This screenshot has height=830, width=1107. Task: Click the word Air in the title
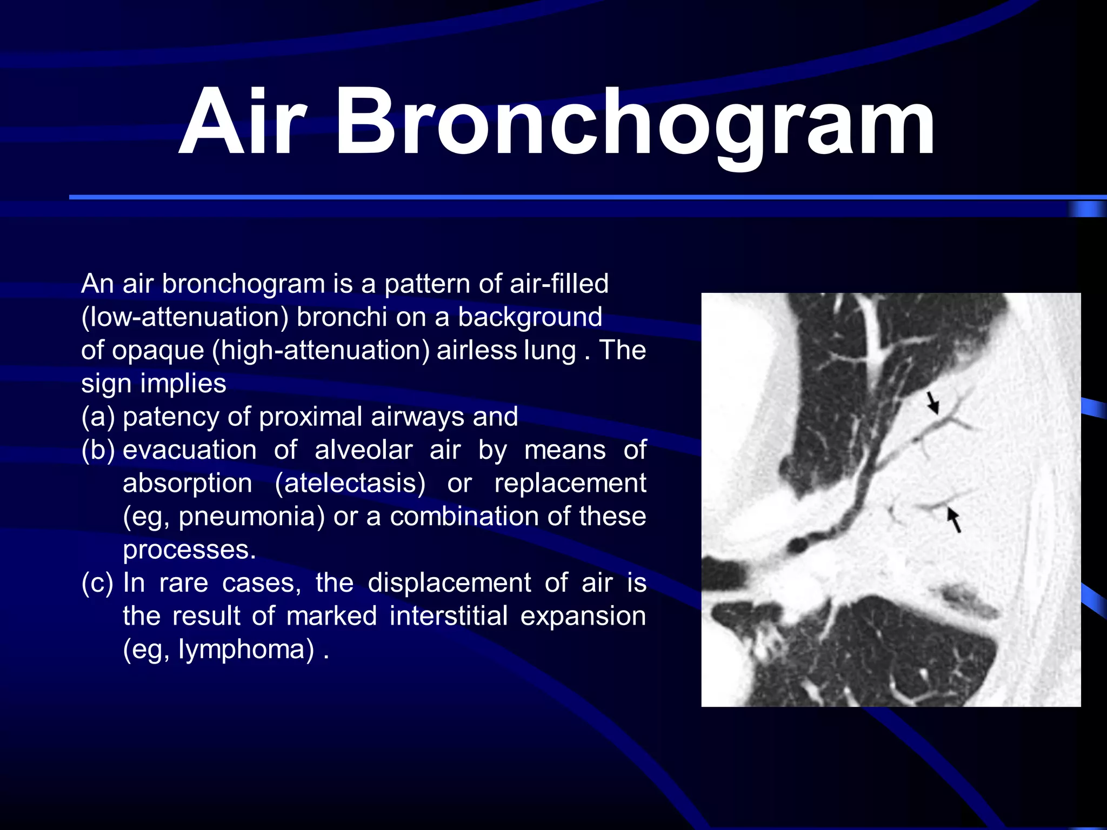(x=243, y=123)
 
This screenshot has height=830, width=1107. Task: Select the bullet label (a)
(x=98, y=417)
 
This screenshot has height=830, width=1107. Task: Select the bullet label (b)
(x=98, y=450)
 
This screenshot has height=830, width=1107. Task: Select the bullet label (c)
(x=98, y=583)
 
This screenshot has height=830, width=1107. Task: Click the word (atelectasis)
(x=350, y=483)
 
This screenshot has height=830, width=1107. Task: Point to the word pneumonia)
(x=252, y=516)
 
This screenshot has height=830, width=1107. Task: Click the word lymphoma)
(x=246, y=649)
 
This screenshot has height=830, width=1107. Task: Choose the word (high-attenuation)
(x=321, y=350)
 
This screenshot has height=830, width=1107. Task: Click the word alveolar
(x=363, y=450)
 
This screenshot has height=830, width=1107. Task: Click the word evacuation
(x=190, y=450)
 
